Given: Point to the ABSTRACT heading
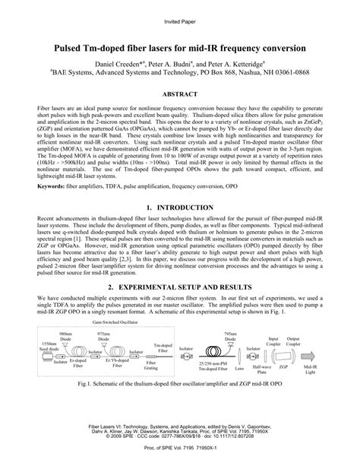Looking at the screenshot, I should [179, 94].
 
